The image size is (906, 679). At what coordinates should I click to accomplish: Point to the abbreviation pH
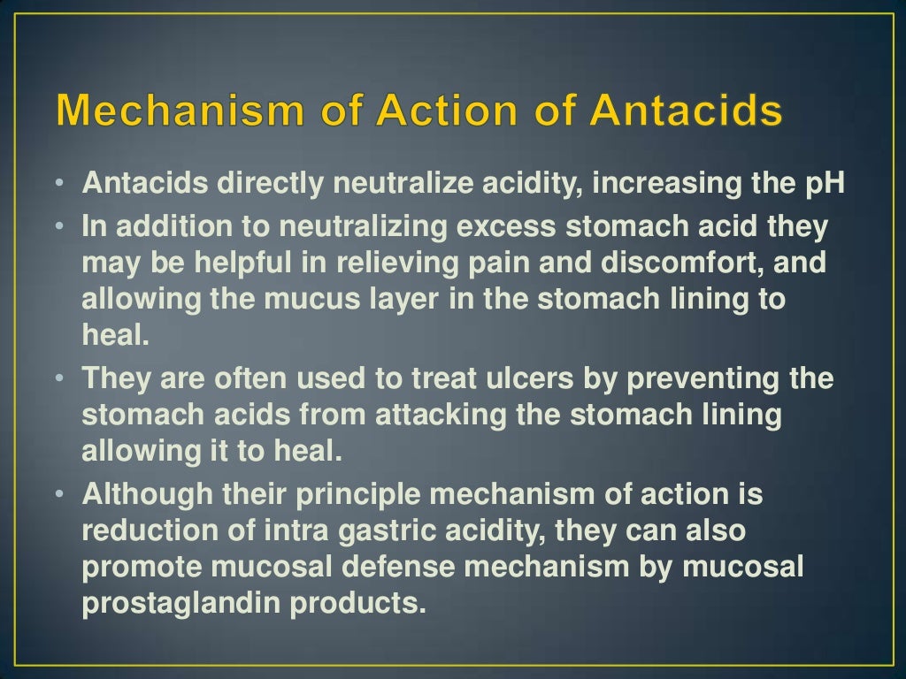pyautogui.click(x=824, y=184)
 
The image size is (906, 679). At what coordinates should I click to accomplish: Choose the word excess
pyautogui.click(x=506, y=226)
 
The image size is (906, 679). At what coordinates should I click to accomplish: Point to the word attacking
pyautogui.click(x=440, y=415)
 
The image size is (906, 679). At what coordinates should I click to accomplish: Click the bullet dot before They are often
pyautogui.click(x=58, y=378)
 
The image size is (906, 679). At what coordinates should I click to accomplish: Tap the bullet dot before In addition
pyautogui.click(x=58, y=226)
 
